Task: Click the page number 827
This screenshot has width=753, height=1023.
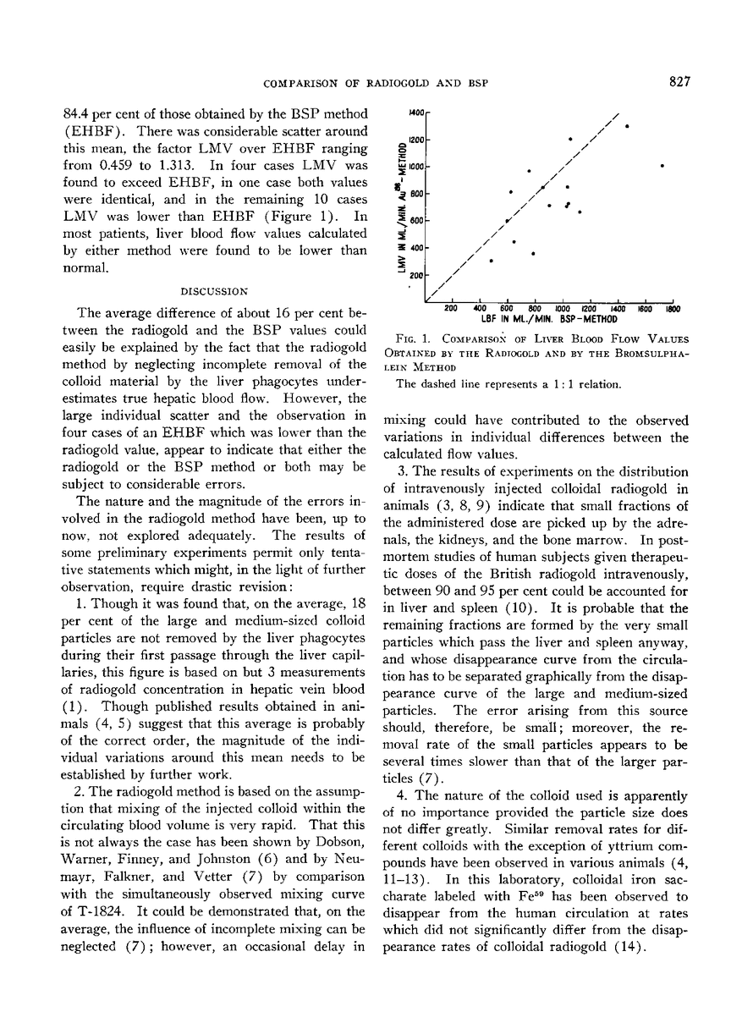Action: pyautogui.click(x=680, y=82)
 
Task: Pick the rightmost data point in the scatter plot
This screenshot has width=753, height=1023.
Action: pyautogui.click(x=662, y=165)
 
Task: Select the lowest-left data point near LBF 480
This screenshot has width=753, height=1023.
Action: pyautogui.click(x=492, y=261)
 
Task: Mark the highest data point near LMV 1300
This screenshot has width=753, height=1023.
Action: pyautogui.click(x=627, y=126)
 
